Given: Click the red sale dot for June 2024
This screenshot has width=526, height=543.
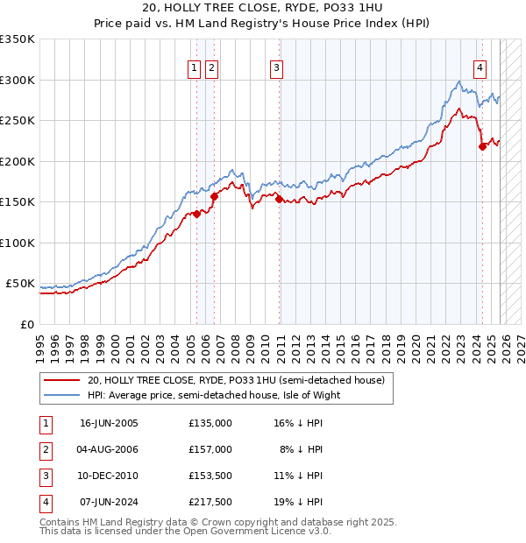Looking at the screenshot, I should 482,147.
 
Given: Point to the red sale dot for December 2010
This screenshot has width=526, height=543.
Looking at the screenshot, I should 280,200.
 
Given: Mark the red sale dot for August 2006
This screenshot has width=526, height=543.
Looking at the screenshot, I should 214,196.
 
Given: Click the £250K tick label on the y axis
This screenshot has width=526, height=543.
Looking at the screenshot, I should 18,121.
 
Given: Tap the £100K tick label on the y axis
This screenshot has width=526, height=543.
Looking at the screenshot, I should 18,243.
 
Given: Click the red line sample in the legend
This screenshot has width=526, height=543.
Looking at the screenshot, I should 62,381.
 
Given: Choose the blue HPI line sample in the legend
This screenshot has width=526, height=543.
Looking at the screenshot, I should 62,395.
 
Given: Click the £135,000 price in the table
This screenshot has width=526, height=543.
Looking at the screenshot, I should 210,422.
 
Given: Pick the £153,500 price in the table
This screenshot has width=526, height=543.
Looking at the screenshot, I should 210,476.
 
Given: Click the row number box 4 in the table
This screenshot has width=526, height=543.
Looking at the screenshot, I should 45,502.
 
